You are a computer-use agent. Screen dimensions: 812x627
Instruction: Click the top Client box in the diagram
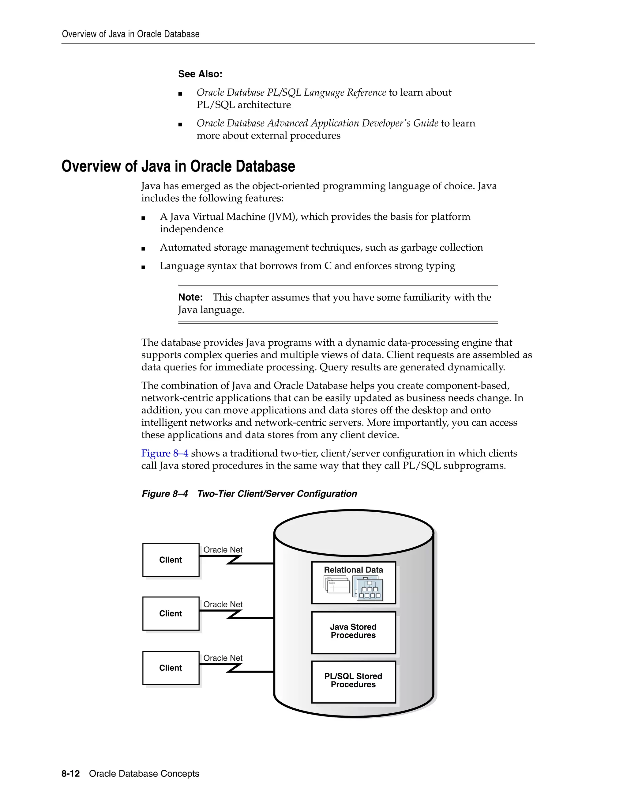click(x=171, y=560)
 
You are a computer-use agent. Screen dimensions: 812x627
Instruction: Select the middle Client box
click(x=171, y=613)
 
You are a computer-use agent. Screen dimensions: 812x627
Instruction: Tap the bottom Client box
click(x=171, y=667)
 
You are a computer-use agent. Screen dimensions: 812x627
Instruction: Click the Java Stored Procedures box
click(x=353, y=632)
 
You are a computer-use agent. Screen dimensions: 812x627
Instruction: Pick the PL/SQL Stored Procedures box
click(x=353, y=681)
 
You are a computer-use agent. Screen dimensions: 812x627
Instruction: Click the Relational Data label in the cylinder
click(x=353, y=570)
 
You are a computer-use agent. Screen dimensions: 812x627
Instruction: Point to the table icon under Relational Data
click(x=337, y=585)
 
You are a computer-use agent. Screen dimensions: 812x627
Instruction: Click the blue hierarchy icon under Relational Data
click(x=368, y=587)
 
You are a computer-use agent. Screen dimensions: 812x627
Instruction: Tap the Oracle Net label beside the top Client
click(x=223, y=549)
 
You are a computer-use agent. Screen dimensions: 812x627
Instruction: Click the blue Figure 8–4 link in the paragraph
click(x=164, y=453)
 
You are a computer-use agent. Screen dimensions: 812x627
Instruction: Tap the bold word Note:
click(x=190, y=298)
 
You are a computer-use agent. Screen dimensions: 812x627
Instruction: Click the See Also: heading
click(x=200, y=74)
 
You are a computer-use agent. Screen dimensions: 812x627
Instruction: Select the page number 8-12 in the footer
click(x=71, y=774)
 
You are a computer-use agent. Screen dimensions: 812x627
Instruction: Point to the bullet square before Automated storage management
click(x=143, y=249)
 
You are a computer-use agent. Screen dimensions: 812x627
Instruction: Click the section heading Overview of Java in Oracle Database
click(x=178, y=166)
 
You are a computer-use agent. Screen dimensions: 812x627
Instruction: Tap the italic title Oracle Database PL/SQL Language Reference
click(x=291, y=93)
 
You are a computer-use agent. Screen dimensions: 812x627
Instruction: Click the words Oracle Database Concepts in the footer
click(x=144, y=774)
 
